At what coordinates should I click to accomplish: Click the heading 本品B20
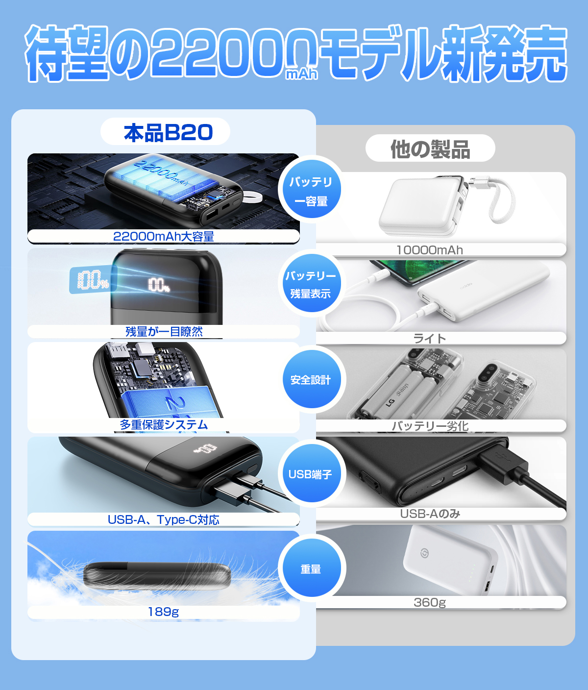click(x=166, y=132)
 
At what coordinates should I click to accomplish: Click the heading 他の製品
click(x=430, y=149)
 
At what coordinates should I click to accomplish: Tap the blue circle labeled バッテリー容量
click(x=311, y=191)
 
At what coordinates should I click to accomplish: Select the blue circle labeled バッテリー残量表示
click(x=311, y=284)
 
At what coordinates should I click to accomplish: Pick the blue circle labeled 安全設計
click(x=311, y=380)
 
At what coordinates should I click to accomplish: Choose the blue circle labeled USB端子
click(x=311, y=474)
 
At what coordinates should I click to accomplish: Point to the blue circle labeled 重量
click(x=311, y=569)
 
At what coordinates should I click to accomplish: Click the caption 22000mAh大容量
click(x=163, y=237)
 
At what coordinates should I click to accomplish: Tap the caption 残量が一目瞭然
click(x=163, y=332)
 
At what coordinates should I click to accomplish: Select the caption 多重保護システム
click(x=163, y=425)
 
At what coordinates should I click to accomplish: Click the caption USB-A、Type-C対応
click(x=163, y=519)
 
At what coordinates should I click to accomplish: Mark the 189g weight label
click(x=163, y=612)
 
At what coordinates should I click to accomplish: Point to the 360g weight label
click(x=430, y=602)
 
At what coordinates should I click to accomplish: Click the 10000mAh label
click(x=430, y=250)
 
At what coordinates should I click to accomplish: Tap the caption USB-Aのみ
click(x=430, y=514)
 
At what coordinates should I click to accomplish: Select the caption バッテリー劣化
click(x=430, y=426)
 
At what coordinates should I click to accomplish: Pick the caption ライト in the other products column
click(x=430, y=338)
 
